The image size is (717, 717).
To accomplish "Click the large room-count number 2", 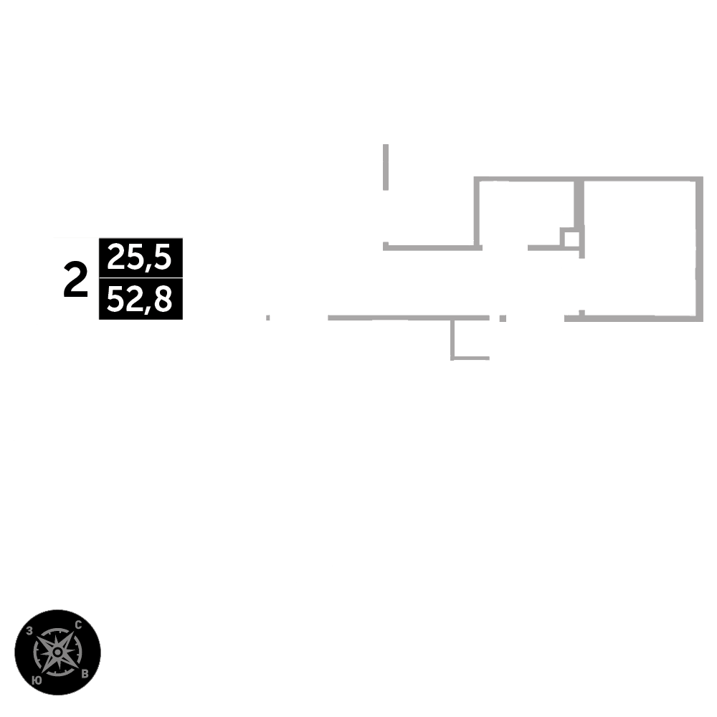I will [x=75, y=280].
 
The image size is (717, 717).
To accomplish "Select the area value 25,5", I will [x=141, y=257].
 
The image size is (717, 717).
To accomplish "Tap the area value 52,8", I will [x=141, y=300].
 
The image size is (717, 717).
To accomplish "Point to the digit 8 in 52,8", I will [x=163, y=300].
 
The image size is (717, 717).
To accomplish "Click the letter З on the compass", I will [x=29, y=632].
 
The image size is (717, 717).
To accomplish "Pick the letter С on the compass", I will [x=77, y=625].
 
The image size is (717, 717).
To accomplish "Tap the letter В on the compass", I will [x=85, y=673].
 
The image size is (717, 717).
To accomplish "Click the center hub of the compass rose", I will [x=57, y=652].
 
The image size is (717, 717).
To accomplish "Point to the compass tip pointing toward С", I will [x=72, y=632].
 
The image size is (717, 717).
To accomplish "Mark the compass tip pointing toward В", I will [x=77, y=668].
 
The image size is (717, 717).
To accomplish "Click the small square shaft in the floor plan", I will [x=569, y=238].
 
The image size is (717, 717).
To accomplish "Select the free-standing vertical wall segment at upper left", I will [x=386, y=166].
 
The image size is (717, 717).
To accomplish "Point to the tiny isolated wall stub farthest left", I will [x=268, y=317].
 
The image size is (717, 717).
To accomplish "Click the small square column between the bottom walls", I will [x=503, y=318].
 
